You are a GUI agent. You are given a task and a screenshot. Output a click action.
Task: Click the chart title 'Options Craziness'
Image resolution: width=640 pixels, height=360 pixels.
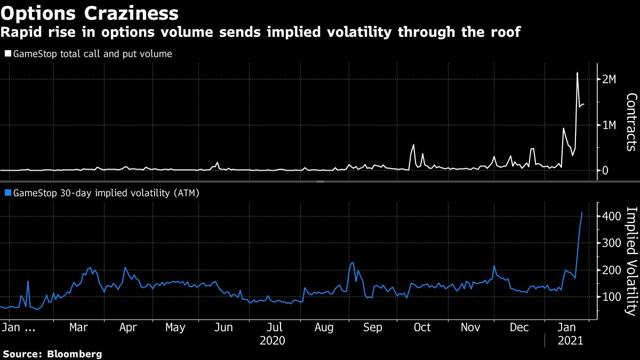coord(90,12)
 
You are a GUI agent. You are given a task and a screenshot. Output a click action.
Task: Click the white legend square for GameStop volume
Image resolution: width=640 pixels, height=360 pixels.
coord(7,54)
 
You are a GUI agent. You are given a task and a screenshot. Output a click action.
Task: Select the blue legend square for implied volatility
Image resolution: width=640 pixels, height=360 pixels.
coord(7,194)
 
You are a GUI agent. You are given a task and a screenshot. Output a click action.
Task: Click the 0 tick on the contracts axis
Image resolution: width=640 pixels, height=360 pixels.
coord(604,171)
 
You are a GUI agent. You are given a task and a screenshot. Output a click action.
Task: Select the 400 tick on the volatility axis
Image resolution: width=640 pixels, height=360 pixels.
coord(610,216)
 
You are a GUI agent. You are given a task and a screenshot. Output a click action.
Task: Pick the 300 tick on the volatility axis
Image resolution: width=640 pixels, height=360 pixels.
coord(610,243)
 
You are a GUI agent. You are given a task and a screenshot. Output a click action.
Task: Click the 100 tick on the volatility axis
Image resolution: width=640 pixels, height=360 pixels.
coord(610,297)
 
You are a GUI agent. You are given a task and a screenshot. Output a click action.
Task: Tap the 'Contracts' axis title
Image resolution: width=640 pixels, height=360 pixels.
coord(630,122)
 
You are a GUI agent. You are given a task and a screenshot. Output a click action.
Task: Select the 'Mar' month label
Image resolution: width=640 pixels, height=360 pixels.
coord(79,327)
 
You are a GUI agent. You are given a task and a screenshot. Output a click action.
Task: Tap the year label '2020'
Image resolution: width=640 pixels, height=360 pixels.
coord(272,340)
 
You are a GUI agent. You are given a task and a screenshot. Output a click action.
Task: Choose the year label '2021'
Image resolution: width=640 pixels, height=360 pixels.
coord(569,340)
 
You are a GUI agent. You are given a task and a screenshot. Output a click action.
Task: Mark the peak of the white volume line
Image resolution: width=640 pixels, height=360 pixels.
coord(577,73)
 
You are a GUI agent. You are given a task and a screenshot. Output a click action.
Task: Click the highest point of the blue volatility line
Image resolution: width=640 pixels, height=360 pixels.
coord(582,212)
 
